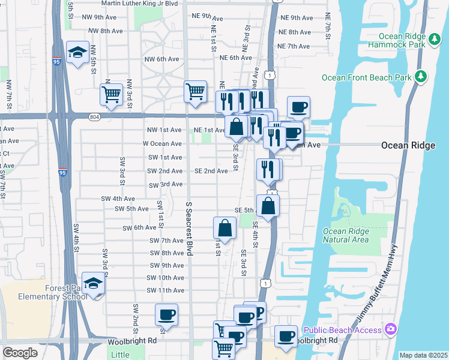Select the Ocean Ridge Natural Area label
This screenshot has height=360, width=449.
(x=345, y=235)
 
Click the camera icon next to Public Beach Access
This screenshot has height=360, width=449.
(x=391, y=329)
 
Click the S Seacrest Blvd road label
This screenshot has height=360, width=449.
(x=188, y=229)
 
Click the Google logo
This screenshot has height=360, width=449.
(x=20, y=353)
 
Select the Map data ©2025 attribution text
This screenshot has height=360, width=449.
(x=423, y=355)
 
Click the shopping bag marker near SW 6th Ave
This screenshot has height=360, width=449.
(x=224, y=229)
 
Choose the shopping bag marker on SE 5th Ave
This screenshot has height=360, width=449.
(x=268, y=206)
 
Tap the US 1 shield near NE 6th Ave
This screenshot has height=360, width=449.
(x=271, y=74)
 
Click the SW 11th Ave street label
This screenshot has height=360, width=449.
(x=165, y=290)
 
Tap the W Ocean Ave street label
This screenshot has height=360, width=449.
(x=161, y=144)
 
